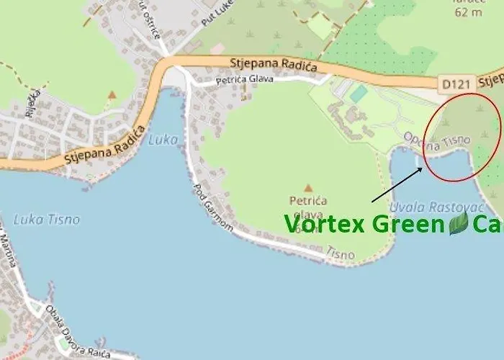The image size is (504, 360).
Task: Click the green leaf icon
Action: click(x=459, y=223)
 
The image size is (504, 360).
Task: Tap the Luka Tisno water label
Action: click(x=46, y=219)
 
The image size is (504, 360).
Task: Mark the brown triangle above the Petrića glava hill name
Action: click(x=308, y=187)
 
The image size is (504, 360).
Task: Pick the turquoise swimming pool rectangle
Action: click(x=358, y=94)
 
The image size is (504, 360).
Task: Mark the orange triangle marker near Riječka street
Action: click(x=112, y=94)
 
